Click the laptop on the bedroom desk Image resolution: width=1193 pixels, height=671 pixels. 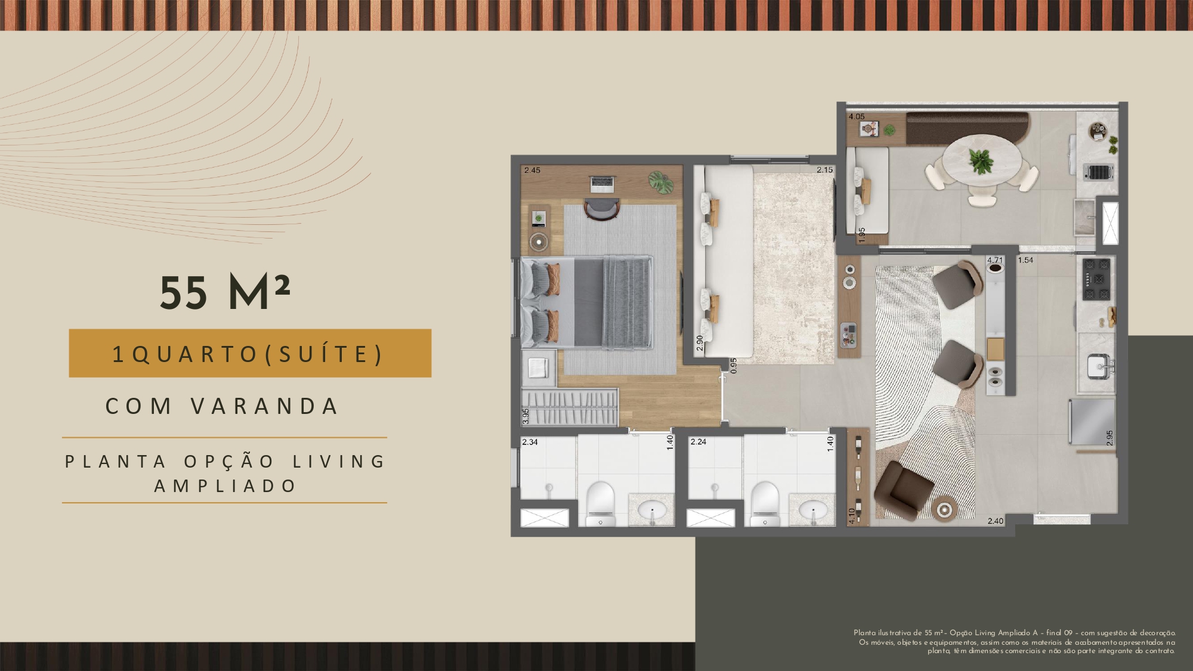(601, 183)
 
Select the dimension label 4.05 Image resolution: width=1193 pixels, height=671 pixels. (857, 116)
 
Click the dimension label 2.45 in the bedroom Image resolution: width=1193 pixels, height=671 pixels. (532, 170)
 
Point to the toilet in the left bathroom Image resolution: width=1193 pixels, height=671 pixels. (600, 503)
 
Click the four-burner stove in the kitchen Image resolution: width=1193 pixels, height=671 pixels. (1097, 279)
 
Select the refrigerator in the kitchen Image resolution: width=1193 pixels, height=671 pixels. (1091, 422)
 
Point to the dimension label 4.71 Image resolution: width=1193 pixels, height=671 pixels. (995, 260)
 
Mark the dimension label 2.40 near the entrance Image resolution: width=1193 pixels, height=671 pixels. (995, 521)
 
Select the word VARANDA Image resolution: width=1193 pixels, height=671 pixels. (265, 406)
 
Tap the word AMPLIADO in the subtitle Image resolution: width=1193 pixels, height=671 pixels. (225, 486)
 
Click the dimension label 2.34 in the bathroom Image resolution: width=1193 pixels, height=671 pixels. (530, 442)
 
